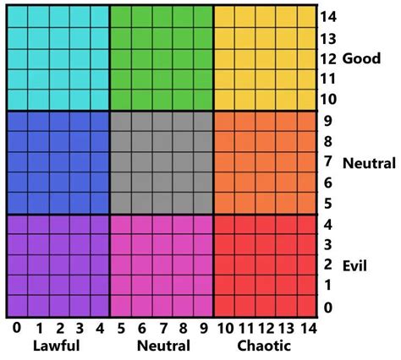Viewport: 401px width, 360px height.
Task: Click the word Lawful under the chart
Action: [x=57, y=346]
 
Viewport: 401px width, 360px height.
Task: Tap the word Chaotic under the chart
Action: [x=265, y=346]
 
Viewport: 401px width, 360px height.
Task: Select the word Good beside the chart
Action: [x=361, y=58]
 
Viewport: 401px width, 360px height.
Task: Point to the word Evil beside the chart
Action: [x=354, y=265]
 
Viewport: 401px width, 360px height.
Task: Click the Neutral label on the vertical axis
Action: [x=370, y=162]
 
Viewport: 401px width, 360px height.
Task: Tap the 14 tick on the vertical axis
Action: [x=328, y=16]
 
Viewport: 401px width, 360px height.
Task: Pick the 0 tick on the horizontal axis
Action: [x=15, y=328]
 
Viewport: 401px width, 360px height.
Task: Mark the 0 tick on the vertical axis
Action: [x=328, y=307]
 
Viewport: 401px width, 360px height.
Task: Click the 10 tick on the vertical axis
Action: [x=328, y=100]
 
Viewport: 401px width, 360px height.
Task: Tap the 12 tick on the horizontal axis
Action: [x=265, y=328]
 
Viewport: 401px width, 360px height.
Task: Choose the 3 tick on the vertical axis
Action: [x=328, y=245]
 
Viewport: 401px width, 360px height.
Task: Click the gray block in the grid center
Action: [x=161, y=162]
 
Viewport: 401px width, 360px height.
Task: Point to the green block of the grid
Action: [x=161, y=58]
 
